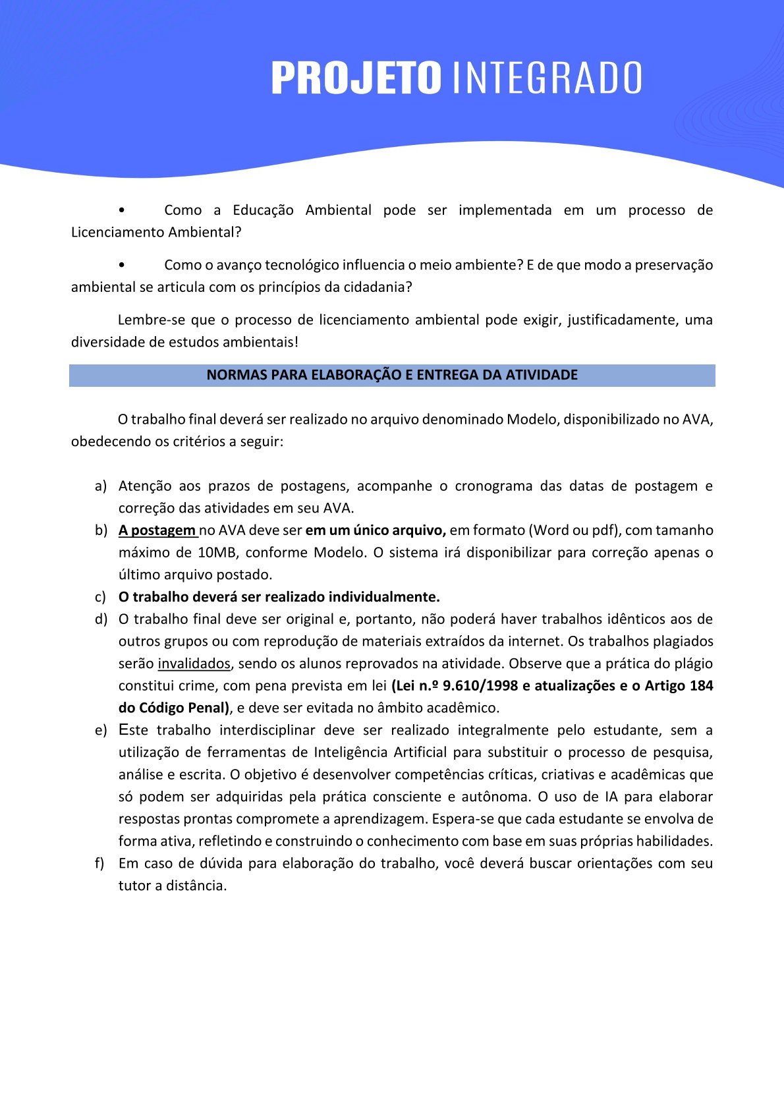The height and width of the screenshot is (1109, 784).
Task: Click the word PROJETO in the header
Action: [356, 78]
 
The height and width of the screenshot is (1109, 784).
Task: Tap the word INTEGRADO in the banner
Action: [547, 78]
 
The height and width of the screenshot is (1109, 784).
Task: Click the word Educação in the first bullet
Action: [263, 210]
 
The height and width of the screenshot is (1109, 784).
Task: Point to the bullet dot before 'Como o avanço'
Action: [122, 265]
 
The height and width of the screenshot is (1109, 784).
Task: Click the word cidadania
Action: [377, 287]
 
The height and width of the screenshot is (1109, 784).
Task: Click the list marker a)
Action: [101, 486]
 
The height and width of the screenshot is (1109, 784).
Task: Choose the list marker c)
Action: [100, 597]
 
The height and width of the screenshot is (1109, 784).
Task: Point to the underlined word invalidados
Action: [194, 664]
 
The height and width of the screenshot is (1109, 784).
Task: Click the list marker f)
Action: [100, 863]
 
